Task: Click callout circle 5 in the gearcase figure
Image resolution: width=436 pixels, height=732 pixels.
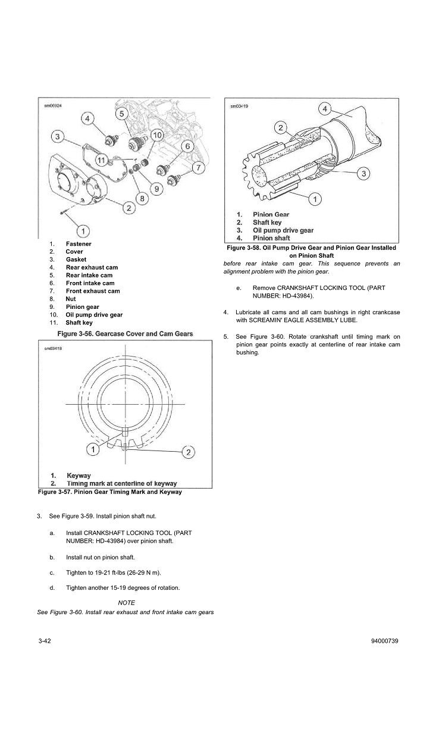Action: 121,114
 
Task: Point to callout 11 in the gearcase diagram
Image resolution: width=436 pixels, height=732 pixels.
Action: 102,159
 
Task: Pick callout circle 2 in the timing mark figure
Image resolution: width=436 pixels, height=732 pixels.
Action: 187,452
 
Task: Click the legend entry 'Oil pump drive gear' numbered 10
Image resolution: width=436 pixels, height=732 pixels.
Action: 94,315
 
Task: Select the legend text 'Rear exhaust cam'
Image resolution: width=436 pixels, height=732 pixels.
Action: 92,268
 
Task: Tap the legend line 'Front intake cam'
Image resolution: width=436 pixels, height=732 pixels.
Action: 90,283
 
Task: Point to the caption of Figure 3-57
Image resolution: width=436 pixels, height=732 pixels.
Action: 109,492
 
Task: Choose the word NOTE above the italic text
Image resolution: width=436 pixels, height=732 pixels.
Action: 126,603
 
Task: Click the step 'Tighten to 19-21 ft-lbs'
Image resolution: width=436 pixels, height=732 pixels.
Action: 114,573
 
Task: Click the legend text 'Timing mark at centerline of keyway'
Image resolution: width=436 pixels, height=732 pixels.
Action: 121,484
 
